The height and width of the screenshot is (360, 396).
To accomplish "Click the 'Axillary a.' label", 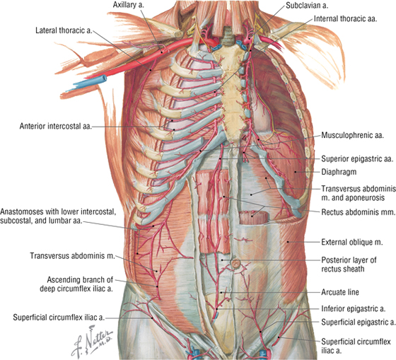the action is pyautogui.click(x=128, y=5).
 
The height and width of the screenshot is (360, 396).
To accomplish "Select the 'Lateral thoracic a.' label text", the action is pyautogui.click(x=64, y=30).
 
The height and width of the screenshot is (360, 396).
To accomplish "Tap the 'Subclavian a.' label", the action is pyautogui.click(x=307, y=6).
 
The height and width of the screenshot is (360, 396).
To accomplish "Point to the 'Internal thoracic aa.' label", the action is pyautogui.click(x=345, y=18).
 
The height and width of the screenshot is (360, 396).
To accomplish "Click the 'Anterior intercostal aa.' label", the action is pyautogui.click(x=56, y=126).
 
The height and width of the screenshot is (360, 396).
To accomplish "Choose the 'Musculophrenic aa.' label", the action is pyautogui.click(x=353, y=135).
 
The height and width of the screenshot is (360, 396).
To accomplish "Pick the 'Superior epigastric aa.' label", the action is pyautogui.click(x=357, y=159).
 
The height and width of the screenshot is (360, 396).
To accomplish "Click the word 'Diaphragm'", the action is pyautogui.click(x=339, y=172).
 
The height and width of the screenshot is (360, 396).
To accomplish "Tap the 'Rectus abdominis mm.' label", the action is pyautogui.click(x=358, y=212).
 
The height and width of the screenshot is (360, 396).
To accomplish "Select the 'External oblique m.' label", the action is pyautogui.click(x=352, y=243).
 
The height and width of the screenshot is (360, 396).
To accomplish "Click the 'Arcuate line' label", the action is pyautogui.click(x=340, y=292).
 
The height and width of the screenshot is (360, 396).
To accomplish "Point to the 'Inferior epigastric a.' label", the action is pyautogui.click(x=354, y=308).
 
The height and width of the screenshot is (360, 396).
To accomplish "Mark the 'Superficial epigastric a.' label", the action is pyautogui.click(x=358, y=322).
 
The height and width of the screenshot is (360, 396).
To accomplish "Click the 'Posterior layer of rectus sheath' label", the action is pyautogui.click(x=349, y=265).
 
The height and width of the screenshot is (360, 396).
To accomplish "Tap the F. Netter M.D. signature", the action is pyautogui.click(x=93, y=340).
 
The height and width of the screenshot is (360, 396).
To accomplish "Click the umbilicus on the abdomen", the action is pyautogui.click(x=235, y=264).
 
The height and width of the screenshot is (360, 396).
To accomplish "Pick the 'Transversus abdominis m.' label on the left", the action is pyautogui.click(x=72, y=256).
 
